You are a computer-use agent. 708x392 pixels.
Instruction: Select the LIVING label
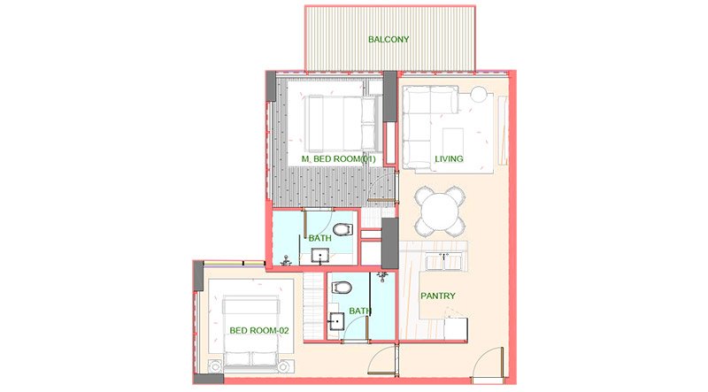[x=449, y=159]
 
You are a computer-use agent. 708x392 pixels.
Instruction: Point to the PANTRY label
[x=438, y=296]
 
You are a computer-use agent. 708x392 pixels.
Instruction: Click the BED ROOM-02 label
[x=259, y=331]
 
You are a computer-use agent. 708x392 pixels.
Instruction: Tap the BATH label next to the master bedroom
[x=319, y=239]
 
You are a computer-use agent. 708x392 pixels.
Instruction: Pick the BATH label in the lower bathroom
[x=359, y=311]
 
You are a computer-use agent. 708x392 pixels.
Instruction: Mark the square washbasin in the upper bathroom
[x=320, y=257]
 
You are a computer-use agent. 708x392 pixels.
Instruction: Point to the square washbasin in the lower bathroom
[x=337, y=321]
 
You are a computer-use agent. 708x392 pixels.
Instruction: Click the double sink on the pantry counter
[x=446, y=262]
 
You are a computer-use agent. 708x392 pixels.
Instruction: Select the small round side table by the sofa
[x=479, y=94]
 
